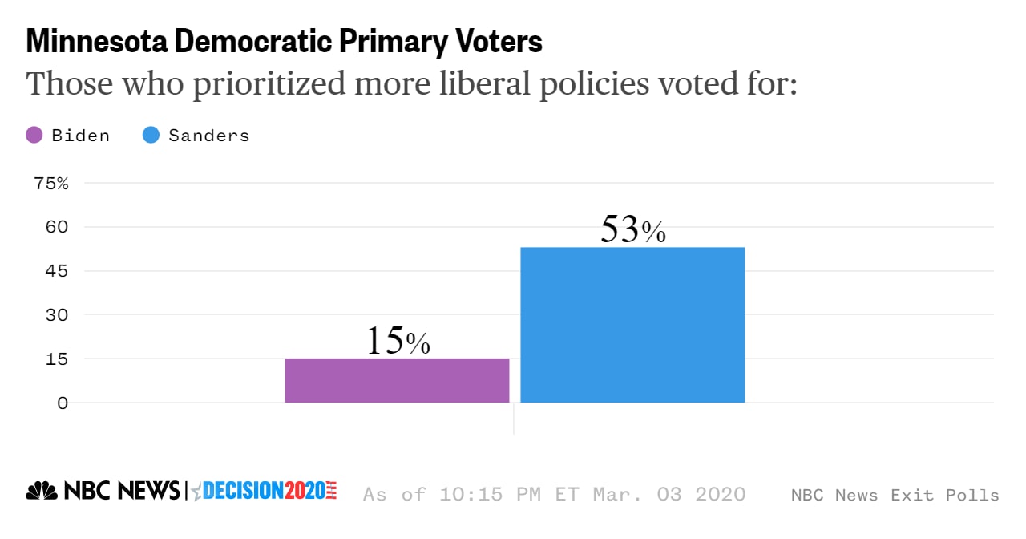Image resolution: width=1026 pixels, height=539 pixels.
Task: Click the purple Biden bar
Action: coord(397,380)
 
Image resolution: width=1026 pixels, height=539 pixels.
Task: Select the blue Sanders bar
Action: coord(632,325)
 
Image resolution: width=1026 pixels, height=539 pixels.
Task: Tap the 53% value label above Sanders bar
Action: coord(632,229)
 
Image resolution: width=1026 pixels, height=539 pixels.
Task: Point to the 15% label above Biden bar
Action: coord(398,341)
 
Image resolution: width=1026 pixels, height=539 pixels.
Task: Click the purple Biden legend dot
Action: coord(34,135)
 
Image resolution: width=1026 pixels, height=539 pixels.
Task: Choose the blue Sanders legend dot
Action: coord(151,135)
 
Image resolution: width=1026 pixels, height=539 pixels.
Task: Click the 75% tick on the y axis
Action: coord(51,184)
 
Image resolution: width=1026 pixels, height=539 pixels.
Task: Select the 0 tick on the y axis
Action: coord(63,403)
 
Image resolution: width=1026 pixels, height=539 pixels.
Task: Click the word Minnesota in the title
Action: coord(97,41)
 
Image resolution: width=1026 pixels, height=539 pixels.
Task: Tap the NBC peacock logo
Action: coord(42,491)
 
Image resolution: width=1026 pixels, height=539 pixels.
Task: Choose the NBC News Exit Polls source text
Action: coord(895,495)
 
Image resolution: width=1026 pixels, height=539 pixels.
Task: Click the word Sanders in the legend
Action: coord(208,135)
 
